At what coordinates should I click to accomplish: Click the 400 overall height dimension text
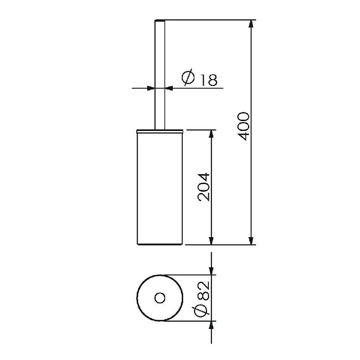(x=243, y=126)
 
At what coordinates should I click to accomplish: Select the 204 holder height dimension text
(x=203, y=187)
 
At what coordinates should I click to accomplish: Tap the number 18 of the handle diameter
(x=209, y=80)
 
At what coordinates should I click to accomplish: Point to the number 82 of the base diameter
(x=203, y=291)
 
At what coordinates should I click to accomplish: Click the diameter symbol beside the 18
(x=188, y=77)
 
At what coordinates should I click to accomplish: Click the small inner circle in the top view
(x=160, y=298)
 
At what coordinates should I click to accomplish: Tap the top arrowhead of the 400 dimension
(x=252, y=24)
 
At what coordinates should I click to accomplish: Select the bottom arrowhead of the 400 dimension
(x=252, y=241)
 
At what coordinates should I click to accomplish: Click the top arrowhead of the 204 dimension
(x=211, y=134)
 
